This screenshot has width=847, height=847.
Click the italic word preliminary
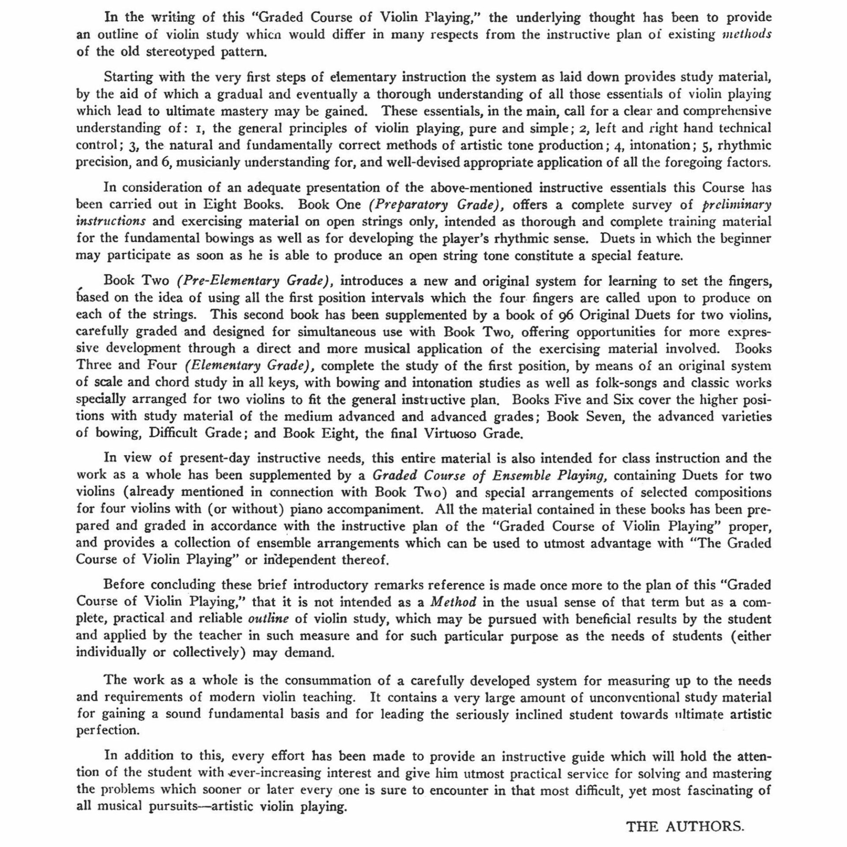pyautogui.click(x=736, y=205)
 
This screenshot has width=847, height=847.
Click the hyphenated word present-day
pyautogui.click(x=215, y=458)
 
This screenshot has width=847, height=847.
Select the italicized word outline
pyautogui.click(x=268, y=618)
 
